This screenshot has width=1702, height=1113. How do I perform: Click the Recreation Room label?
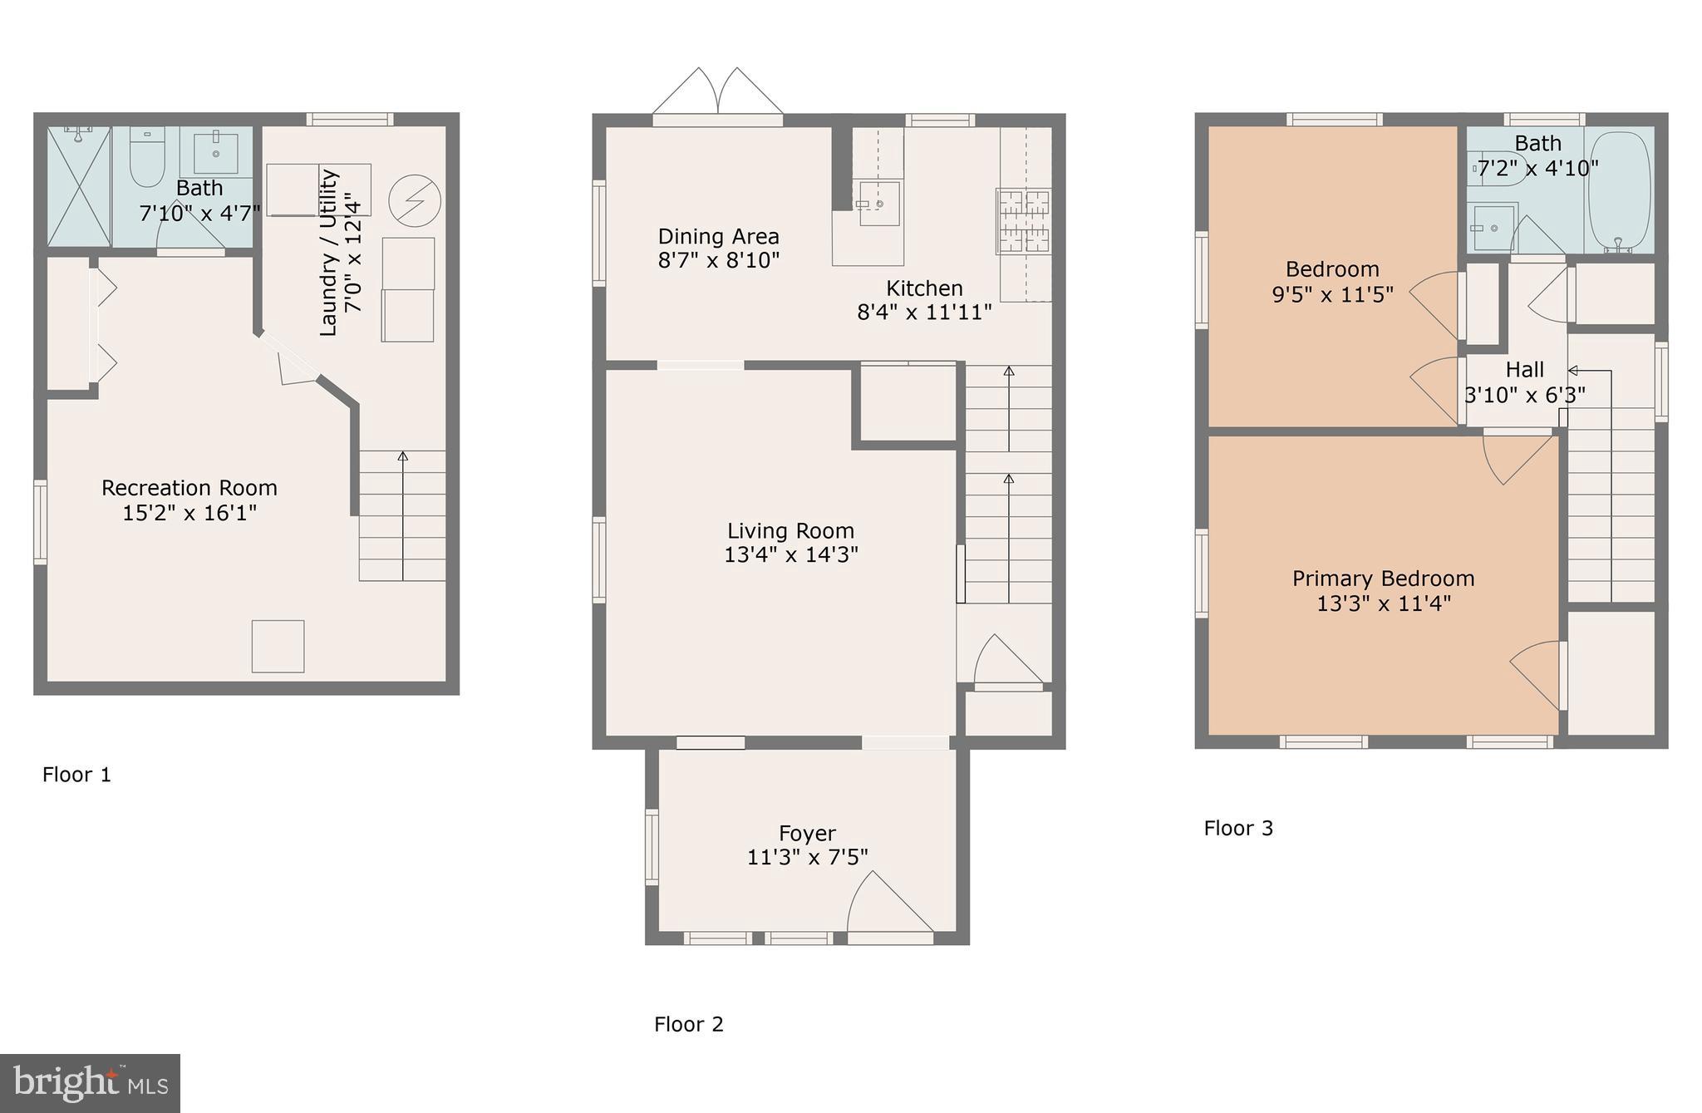(189, 488)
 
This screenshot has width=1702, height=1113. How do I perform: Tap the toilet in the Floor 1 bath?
(148, 158)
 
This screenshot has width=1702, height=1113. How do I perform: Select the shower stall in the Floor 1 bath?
(79, 186)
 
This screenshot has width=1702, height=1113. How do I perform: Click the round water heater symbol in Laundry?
(414, 200)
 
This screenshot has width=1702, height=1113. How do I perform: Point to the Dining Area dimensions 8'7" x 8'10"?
(718, 261)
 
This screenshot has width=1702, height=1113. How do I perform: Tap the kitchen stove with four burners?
(1024, 221)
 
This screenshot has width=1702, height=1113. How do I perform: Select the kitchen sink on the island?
(878, 203)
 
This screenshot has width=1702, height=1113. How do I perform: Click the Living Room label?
(790, 531)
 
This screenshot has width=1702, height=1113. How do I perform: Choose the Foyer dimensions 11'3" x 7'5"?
(807, 857)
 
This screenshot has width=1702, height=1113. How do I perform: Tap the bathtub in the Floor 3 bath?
(1619, 190)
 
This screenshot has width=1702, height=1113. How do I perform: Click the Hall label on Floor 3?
(1524, 370)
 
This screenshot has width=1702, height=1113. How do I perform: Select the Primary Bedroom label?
(1383, 579)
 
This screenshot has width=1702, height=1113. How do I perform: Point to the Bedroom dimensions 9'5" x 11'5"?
(1332, 294)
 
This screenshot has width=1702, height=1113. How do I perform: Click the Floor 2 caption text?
(688, 1024)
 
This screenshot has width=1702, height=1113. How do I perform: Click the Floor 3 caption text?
(1238, 828)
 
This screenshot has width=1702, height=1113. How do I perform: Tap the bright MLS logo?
(90, 1083)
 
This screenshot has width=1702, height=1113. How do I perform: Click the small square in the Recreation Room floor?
(278, 646)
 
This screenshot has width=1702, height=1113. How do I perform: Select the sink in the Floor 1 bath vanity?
(216, 152)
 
